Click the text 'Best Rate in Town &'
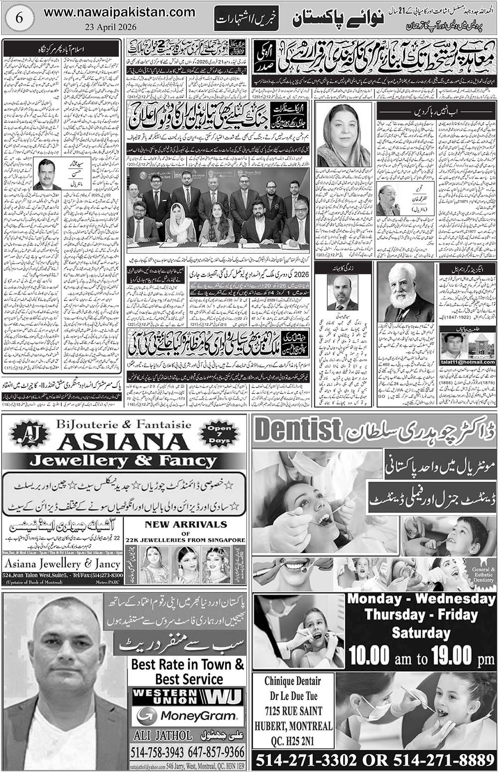coord(188,664)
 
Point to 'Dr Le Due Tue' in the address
coord(292,696)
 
